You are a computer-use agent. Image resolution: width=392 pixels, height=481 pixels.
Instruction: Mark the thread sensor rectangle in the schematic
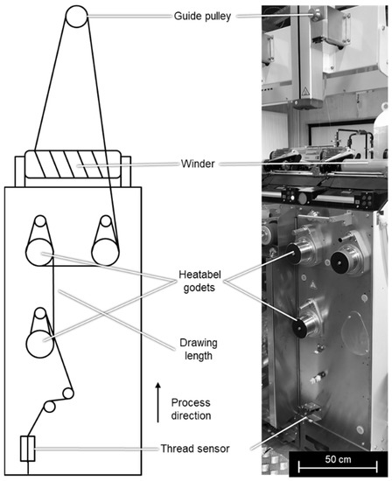tap(27, 449)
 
